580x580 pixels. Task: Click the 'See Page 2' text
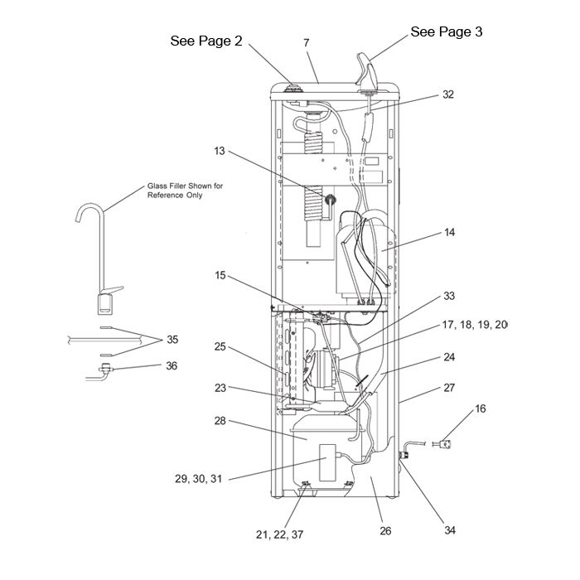[x=206, y=41]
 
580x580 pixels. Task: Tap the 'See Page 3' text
[x=447, y=31]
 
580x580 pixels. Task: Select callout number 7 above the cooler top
[x=307, y=43]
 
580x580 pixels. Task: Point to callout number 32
[x=448, y=94]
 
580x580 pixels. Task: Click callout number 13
[x=220, y=151]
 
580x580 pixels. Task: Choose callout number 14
[x=449, y=232]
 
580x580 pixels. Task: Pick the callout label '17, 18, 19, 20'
[x=475, y=325]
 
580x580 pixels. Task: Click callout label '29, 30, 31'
[x=198, y=479]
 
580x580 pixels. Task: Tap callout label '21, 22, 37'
[x=280, y=534]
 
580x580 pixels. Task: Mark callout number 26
[x=385, y=531]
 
